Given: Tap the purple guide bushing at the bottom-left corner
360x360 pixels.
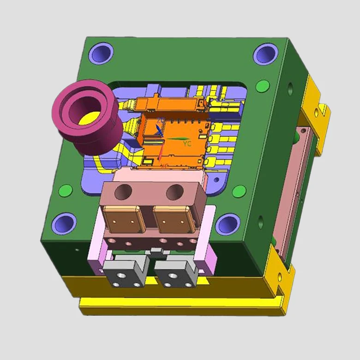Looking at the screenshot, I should click(64, 223).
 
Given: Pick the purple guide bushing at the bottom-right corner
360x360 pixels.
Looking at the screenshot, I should click(228, 225).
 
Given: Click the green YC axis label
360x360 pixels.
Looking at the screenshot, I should click(187, 144).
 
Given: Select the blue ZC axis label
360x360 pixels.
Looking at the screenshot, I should click(160, 120).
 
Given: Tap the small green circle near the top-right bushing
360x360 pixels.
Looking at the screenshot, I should click(262, 86).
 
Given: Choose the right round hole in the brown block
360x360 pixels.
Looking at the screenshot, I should click(174, 191).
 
